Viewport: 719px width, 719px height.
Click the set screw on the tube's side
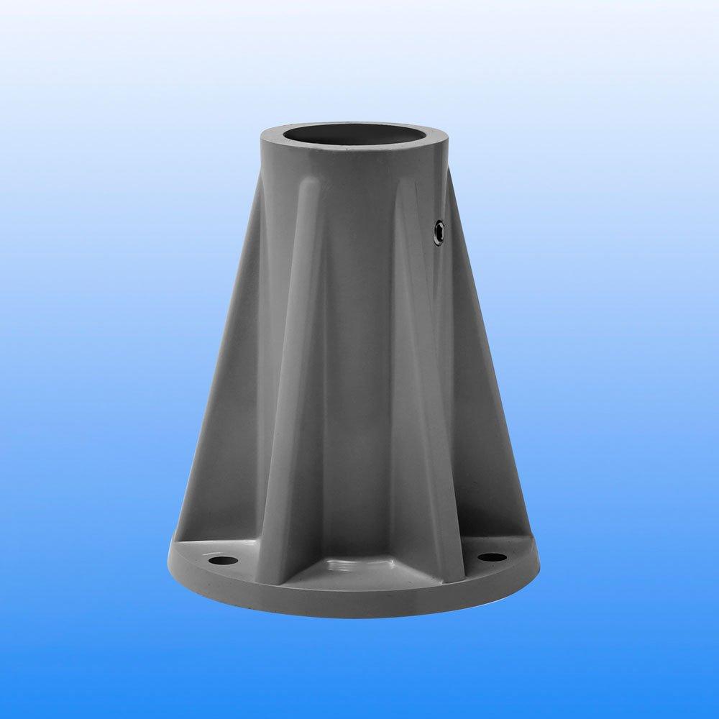click(x=439, y=230)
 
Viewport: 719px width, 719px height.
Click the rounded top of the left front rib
click(x=308, y=188)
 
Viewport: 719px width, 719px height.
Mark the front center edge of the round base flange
click(x=356, y=604)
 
